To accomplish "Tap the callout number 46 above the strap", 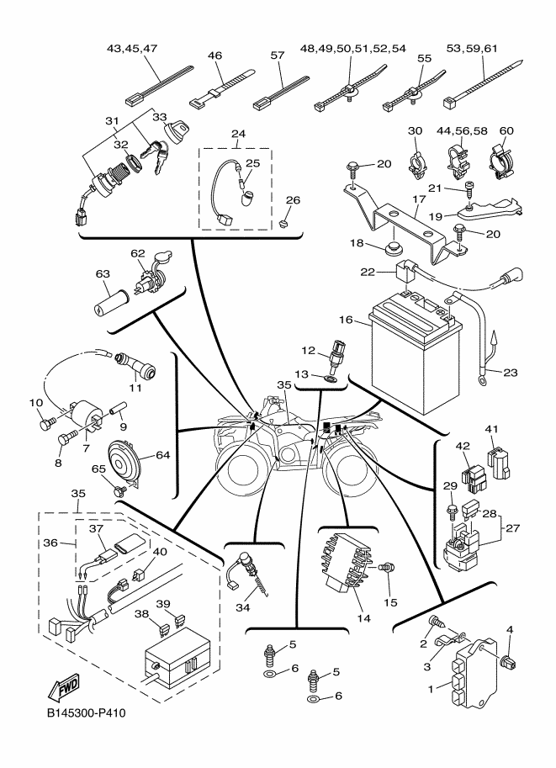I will pyautogui.click(x=214, y=56).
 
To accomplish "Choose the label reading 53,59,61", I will pyautogui.click(x=485, y=50).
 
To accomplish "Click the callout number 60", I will pyautogui.click(x=506, y=130).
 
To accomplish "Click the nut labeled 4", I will pyautogui.click(x=507, y=661).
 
